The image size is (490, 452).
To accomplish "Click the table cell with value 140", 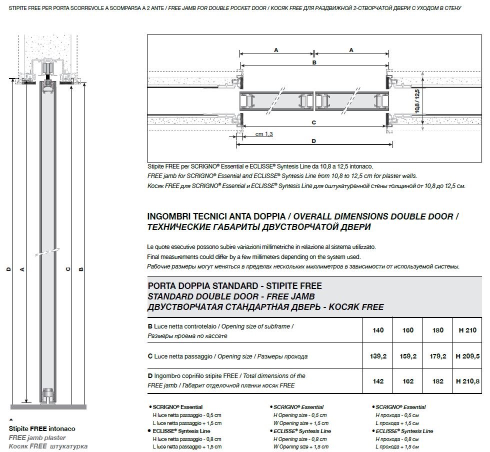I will click(x=378, y=330).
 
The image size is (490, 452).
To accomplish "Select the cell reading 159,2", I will click(x=408, y=356).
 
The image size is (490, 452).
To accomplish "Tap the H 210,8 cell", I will click(x=467, y=381).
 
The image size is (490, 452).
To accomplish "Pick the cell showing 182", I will click(x=438, y=381).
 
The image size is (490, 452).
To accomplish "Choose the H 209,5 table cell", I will click(x=467, y=356).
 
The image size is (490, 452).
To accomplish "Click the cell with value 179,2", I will click(x=438, y=356).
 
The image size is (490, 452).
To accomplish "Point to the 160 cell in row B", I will click(x=408, y=330).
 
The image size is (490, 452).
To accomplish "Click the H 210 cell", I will click(x=467, y=330).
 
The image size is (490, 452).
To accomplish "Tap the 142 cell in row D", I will click(x=378, y=381).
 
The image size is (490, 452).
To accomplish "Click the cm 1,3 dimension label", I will click(x=264, y=134).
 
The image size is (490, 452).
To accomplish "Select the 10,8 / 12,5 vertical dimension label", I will click(x=417, y=102).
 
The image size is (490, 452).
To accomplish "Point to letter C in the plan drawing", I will click(x=313, y=122).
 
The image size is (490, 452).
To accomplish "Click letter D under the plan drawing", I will click(x=313, y=141).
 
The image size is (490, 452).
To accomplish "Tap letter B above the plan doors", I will click(x=314, y=63).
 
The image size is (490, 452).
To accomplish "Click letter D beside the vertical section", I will click(x=8, y=269).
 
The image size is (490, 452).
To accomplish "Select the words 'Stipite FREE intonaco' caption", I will click(x=42, y=428).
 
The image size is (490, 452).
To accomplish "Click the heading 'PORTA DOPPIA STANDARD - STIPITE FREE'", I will click(x=235, y=286).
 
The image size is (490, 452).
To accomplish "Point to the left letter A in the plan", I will click(x=276, y=50).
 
